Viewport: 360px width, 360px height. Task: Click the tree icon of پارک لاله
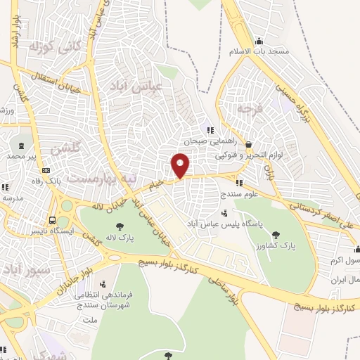(118, 226)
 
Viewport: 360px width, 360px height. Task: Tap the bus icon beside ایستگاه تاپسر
(55, 219)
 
